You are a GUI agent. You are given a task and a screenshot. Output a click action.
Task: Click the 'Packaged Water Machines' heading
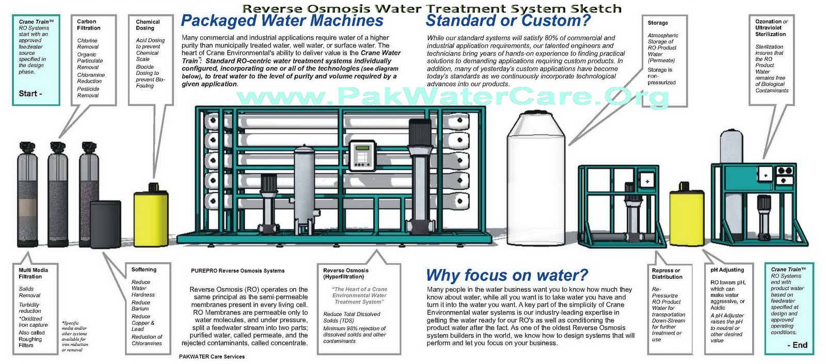point(282,21)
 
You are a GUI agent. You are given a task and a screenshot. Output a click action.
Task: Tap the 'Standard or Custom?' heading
point(507,21)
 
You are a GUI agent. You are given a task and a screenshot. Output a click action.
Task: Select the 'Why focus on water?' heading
point(507,275)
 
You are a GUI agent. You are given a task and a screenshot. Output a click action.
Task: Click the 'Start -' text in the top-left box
point(30,94)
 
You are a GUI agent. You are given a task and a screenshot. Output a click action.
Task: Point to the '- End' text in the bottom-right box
point(797,345)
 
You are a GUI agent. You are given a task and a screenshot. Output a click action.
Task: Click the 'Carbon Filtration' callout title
point(89,25)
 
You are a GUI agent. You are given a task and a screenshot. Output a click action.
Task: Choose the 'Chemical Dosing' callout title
point(148,25)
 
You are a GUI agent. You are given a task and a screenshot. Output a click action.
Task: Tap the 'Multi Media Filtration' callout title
point(33,273)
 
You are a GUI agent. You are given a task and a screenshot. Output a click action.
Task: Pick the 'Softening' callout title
point(144,270)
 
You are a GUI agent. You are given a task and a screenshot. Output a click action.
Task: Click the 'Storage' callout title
point(658,23)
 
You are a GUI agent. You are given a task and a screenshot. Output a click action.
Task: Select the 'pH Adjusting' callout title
point(727,270)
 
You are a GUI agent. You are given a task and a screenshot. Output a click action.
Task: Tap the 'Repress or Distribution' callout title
point(666,274)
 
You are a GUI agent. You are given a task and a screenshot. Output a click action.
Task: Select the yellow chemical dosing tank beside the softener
point(151,217)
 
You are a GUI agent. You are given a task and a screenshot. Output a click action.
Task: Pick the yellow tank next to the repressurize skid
point(687,217)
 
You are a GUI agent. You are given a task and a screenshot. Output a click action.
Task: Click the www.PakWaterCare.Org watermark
point(452,96)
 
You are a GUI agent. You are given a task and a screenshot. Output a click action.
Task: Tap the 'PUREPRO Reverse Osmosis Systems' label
point(237,271)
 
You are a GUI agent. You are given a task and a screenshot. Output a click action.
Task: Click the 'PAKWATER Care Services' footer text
point(212,357)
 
